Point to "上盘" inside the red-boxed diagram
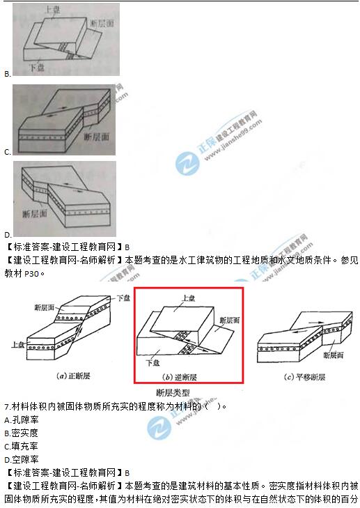(188, 298)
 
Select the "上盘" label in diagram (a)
(19, 344)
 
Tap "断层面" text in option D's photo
(35, 213)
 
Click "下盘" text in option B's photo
(38, 68)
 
